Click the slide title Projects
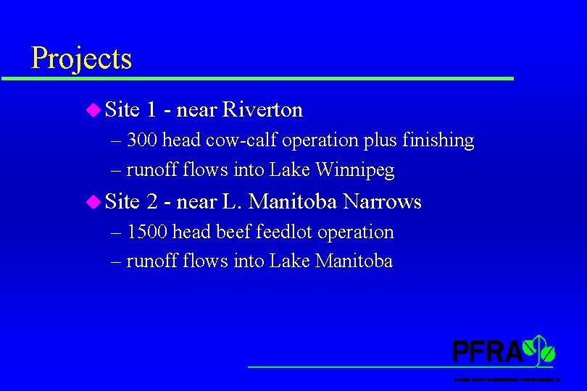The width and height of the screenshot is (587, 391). [81, 58]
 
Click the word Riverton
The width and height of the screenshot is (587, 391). [263, 110]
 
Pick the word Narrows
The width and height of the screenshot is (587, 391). [382, 201]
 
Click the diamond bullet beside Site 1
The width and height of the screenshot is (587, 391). [92, 110]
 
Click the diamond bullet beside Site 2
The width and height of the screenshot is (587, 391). [92, 201]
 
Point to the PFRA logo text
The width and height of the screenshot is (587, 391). [487, 351]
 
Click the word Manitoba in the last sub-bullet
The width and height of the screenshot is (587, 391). [354, 261]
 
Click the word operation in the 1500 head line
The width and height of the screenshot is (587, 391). [355, 232]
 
